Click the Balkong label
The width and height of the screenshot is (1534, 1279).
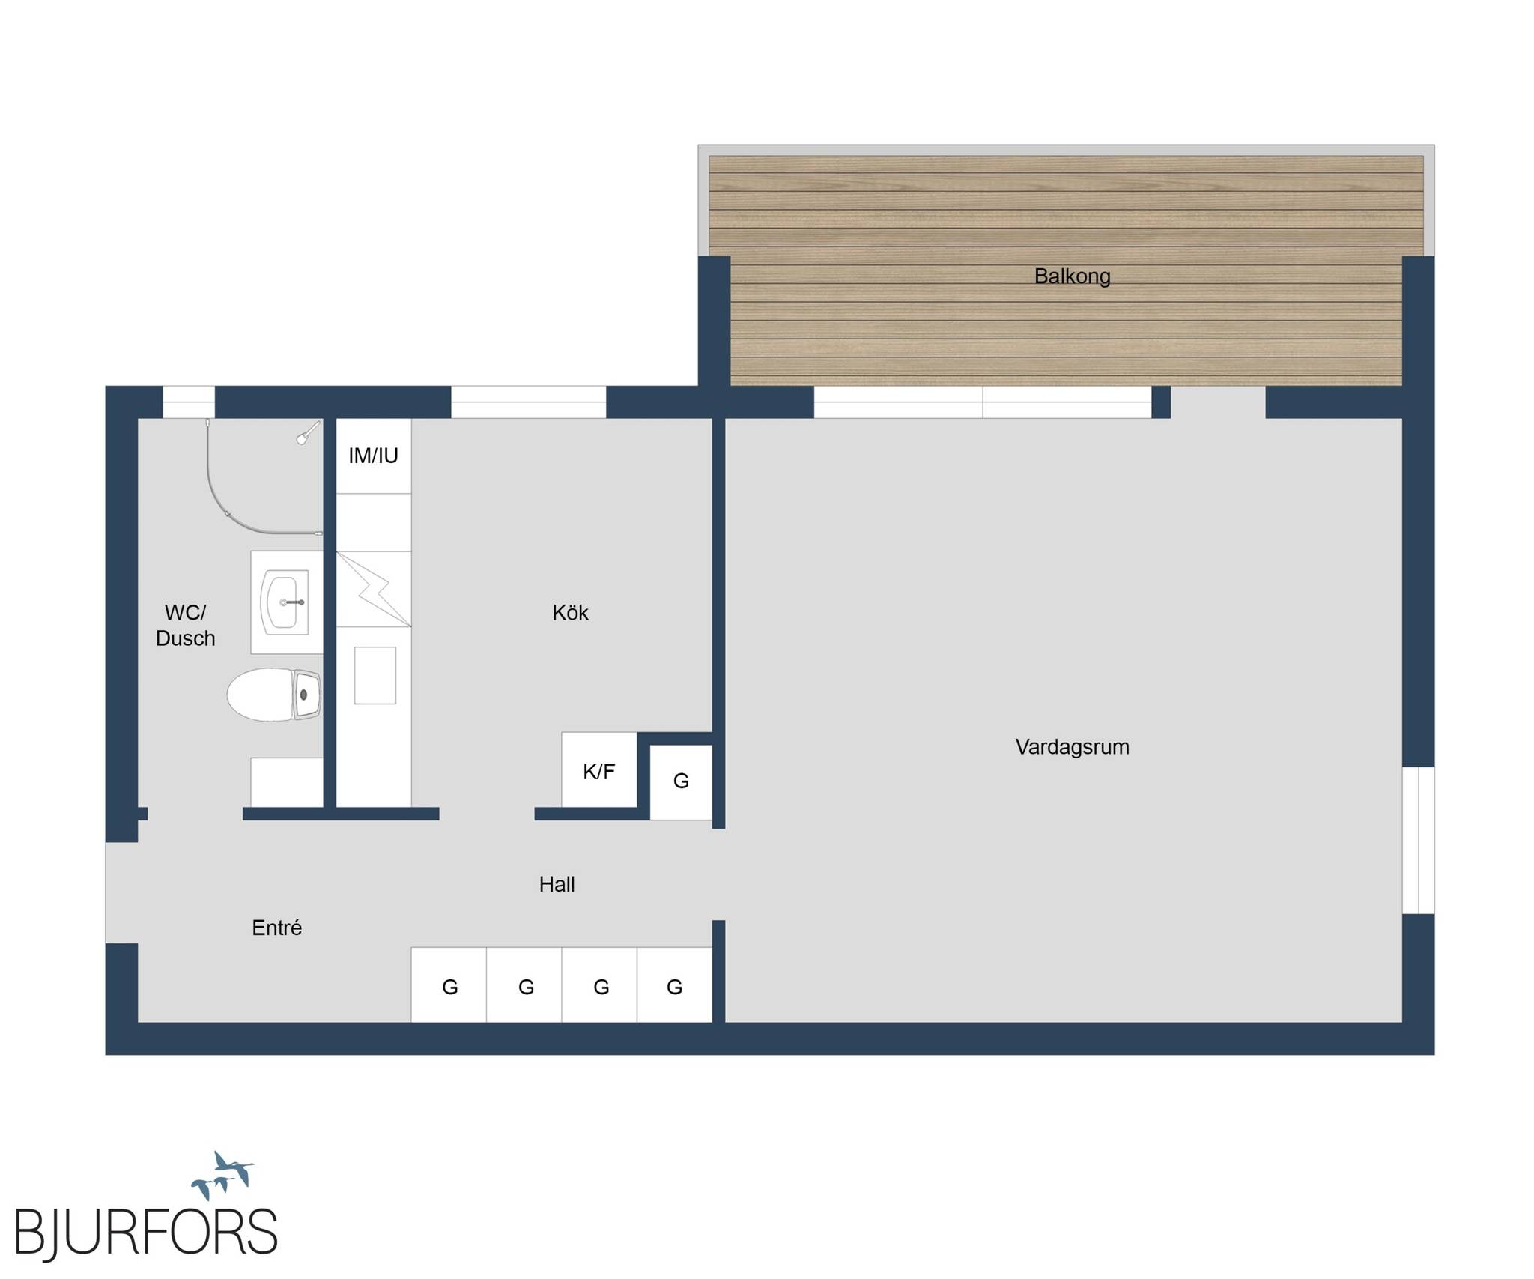1072,276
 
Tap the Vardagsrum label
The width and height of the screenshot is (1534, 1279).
1072,746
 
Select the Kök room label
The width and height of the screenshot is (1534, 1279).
570,613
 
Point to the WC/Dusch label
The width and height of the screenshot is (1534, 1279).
185,626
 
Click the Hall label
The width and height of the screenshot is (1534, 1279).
557,884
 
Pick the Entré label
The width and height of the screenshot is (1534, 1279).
276,928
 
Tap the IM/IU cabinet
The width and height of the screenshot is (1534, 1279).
374,456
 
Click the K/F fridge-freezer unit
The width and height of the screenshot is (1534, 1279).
599,770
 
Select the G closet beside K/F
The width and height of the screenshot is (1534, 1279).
681,782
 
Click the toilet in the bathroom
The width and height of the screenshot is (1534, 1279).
275,695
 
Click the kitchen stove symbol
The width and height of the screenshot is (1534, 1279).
374,589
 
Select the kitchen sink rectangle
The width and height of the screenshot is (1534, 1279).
375,675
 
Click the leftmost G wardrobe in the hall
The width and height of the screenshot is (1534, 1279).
449,985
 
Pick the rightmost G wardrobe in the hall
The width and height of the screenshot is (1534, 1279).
675,985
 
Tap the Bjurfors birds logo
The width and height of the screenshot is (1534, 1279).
223,1176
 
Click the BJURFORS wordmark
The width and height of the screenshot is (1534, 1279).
146,1231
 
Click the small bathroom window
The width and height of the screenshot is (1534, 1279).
189,402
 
